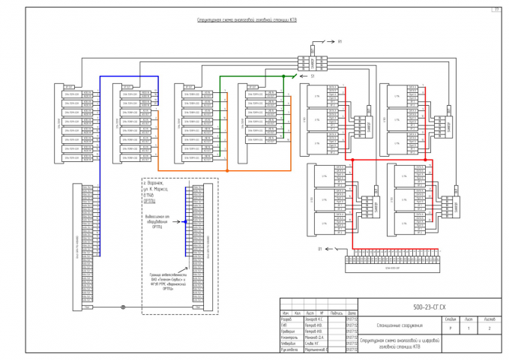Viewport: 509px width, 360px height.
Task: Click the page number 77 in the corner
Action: tap(496, 9)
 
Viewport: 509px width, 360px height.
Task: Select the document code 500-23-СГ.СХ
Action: tap(430, 307)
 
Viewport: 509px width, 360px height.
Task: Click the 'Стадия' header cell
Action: tap(450, 319)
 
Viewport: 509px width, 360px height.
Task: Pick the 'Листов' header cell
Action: tap(490, 319)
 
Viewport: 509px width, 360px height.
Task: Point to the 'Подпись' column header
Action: tap(337, 313)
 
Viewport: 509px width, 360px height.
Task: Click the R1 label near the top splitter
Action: tap(339, 41)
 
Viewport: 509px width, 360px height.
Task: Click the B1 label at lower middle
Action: tap(319, 247)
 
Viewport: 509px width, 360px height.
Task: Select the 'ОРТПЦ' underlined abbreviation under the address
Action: tap(148, 202)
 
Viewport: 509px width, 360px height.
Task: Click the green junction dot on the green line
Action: tap(283, 76)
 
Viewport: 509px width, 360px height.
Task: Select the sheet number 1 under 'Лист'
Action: tap(470, 328)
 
